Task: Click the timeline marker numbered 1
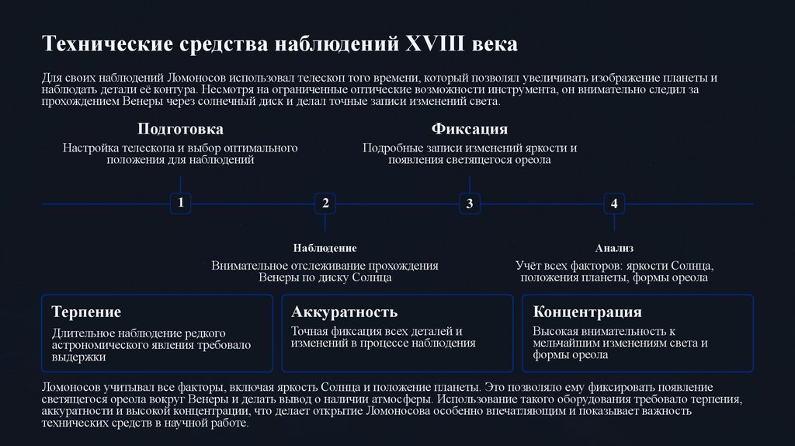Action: click(180, 204)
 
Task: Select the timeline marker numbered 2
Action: click(325, 204)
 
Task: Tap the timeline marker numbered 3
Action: click(469, 204)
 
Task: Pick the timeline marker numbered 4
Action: click(614, 204)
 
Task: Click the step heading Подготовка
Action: click(180, 129)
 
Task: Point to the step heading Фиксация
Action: click(469, 129)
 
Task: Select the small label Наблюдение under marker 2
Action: click(325, 248)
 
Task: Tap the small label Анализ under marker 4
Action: click(614, 248)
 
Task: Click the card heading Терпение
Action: click(86, 312)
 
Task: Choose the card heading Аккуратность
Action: click(345, 312)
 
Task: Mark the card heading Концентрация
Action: click(588, 312)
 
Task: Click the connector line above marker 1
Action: click(180, 184)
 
